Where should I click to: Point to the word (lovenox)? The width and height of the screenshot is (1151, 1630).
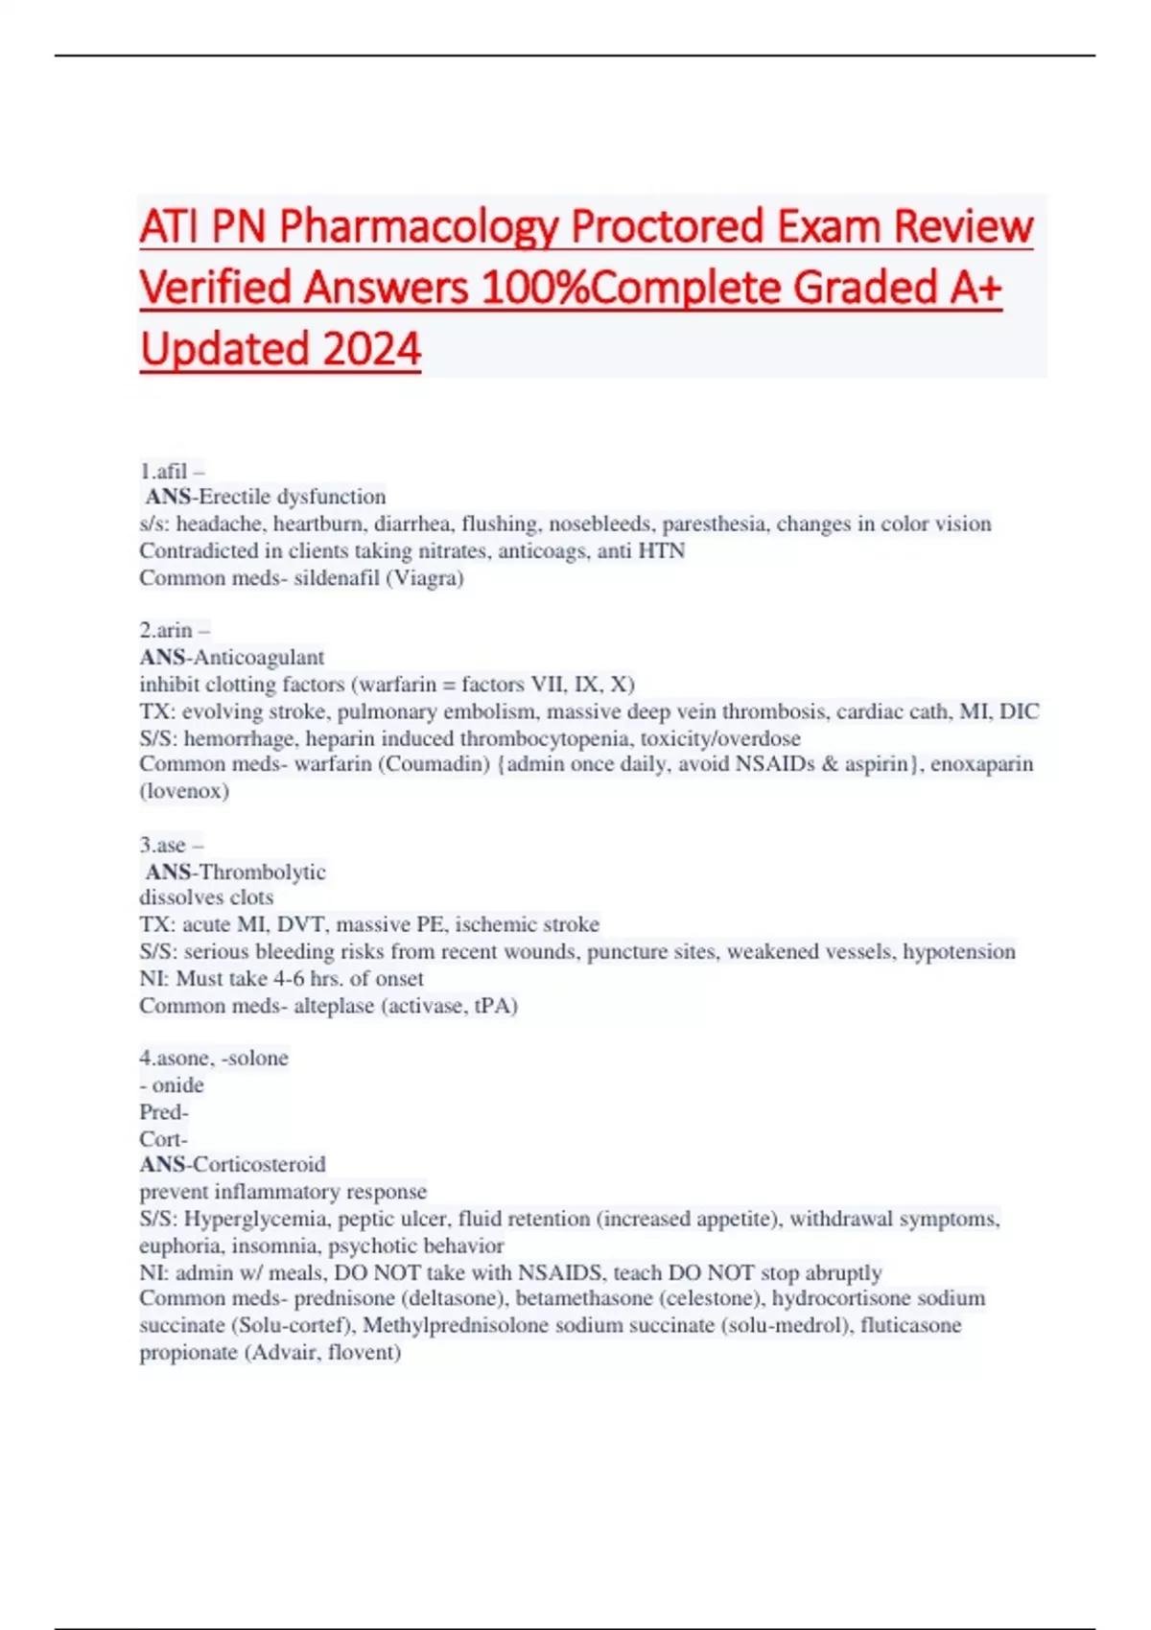coord(184,791)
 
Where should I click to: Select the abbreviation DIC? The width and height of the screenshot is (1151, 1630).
coord(1020,711)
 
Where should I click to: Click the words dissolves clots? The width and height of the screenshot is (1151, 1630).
coord(206,897)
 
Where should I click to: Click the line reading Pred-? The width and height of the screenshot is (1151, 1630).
coord(164,1112)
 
